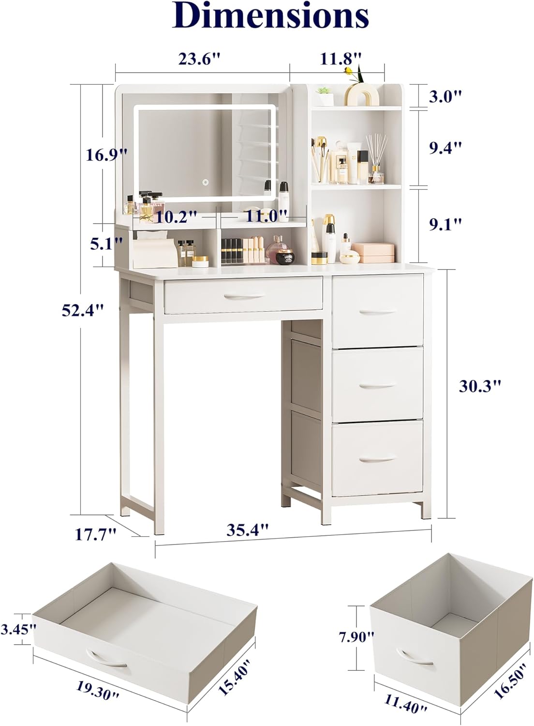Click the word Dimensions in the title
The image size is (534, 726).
[270, 15]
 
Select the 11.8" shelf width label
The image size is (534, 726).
[341, 59]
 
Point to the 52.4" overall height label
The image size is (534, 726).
[83, 311]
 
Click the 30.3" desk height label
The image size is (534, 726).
[480, 386]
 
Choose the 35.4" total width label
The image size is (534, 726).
[247, 530]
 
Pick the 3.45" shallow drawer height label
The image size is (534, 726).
[18, 629]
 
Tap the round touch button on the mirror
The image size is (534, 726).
[205, 182]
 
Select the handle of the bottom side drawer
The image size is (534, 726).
[378, 459]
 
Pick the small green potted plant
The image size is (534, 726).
[325, 96]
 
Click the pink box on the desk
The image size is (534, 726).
[373, 253]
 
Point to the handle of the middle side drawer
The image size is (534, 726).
[378, 386]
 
